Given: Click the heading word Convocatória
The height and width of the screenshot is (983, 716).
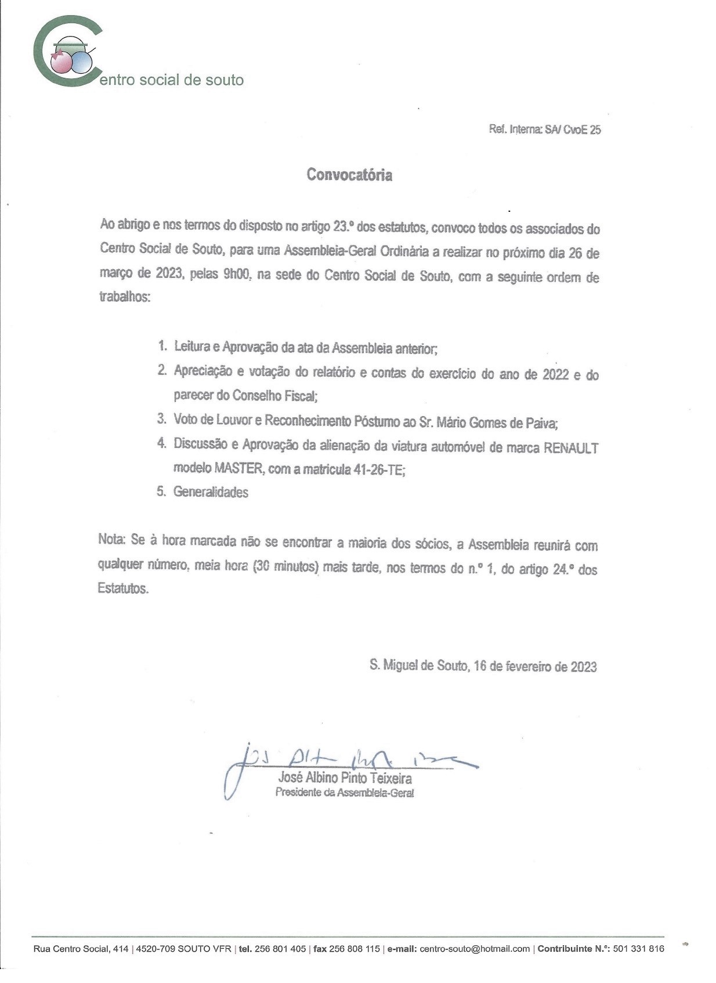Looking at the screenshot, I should click(x=349, y=175).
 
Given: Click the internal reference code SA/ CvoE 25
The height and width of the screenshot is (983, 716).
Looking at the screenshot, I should click(x=573, y=130).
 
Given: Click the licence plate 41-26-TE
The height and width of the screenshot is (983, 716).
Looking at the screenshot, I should click(x=378, y=471).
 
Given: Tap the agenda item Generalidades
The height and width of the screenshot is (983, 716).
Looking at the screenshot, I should click(x=211, y=492).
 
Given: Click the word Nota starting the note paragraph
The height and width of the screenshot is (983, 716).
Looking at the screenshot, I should click(x=111, y=539).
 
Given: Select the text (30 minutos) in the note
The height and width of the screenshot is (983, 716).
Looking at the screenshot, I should click(x=286, y=567).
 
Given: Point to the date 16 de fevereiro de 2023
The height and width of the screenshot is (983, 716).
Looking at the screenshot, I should click(x=535, y=666).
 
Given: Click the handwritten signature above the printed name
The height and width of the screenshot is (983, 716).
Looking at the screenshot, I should click(x=348, y=760).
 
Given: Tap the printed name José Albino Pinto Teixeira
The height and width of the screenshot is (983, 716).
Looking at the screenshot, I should click(x=345, y=778).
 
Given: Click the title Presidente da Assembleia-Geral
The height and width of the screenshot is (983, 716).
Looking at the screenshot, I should click(x=344, y=793).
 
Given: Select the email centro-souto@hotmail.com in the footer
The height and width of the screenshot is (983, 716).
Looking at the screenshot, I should click(x=474, y=949).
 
